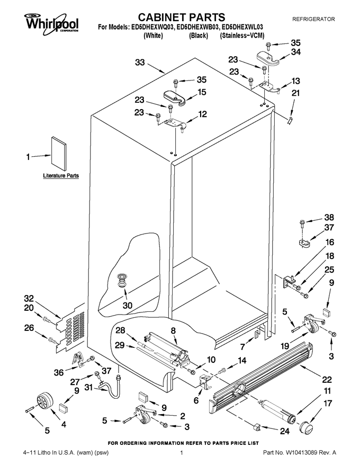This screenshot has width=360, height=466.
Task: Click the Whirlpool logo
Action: click(52, 22)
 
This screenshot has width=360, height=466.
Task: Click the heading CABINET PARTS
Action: click(182, 17)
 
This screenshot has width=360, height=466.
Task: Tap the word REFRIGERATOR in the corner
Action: click(313, 19)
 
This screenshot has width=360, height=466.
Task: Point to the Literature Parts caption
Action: click(61, 176)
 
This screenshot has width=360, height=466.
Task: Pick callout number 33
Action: click(140, 62)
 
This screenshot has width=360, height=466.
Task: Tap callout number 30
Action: click(128, 305)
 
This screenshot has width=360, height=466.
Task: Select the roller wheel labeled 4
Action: click(44, 401)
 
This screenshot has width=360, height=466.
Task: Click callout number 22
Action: click(327, 380)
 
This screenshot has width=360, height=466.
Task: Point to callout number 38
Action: click(329, 217)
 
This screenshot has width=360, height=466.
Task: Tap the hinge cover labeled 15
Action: click(175, 97)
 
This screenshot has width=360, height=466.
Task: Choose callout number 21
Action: click(295, 93)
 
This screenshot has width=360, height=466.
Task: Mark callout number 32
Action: click(29, 298)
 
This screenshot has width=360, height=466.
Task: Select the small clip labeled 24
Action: click(257, 427)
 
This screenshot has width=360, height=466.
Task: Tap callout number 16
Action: click(330, 242)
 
